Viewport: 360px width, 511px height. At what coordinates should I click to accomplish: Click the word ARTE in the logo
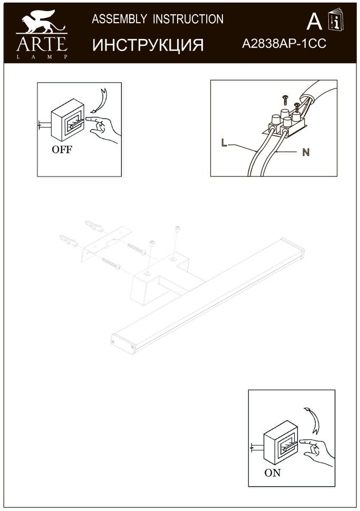(x=42, y=44)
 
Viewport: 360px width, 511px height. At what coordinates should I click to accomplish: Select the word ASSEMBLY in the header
(x=119, y=19)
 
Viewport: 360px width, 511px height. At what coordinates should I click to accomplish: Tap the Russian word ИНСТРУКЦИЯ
(x=148, y=45)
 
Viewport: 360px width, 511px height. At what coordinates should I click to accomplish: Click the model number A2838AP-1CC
(x=284, y=44)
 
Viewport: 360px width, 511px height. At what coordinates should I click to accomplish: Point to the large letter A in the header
(x=314, y=22)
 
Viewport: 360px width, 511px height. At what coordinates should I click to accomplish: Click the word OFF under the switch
(x=62, y=150)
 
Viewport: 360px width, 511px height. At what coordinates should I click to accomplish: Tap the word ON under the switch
(x=273, y=473)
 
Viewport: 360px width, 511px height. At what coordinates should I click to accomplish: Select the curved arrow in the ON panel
(x=313, y=420)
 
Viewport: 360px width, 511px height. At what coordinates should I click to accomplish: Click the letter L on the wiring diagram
(x=224, y=142)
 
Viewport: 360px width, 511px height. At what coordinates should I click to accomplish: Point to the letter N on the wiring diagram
(x=306, y=152)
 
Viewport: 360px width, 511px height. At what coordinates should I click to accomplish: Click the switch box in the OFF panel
(x=67, y=121)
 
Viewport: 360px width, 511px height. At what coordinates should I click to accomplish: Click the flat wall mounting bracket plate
(x=106, y=243)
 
